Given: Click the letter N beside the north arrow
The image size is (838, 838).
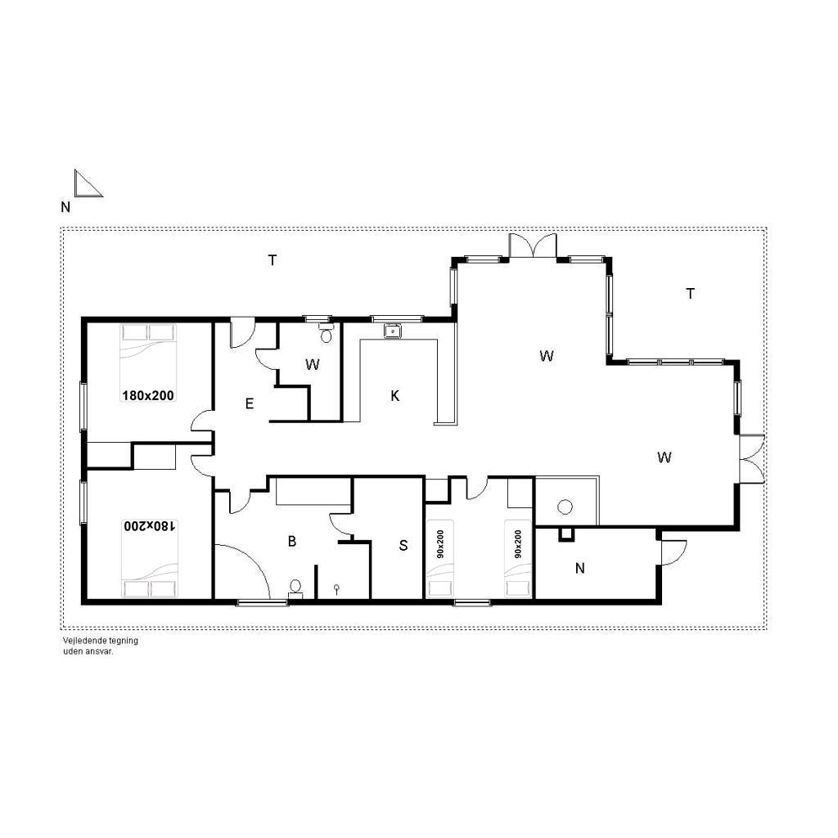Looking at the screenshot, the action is click(65, 207).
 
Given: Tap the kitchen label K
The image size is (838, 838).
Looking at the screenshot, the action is click(395, 396).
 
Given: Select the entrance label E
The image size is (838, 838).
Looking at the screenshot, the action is click(249, 404).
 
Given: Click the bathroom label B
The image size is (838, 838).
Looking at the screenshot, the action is click(292, 542).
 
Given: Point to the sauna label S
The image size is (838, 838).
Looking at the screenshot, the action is click(403, 546).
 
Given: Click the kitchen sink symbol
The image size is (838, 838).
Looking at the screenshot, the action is click(393, 331).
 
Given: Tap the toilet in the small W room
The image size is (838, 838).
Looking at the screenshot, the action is click(326, 333).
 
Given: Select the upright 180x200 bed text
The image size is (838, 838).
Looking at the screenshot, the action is click(148, 395).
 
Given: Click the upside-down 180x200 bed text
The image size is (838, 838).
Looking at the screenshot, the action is click(150, 526).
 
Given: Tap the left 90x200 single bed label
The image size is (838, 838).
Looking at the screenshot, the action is click(439, 544).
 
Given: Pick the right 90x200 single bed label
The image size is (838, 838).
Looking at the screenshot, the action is click(518, 544).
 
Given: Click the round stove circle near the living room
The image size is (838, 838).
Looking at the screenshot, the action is click(565, 507).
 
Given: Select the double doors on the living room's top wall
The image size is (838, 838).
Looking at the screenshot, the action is click(533, 246).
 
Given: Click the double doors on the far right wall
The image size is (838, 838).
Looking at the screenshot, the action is click(752, 460).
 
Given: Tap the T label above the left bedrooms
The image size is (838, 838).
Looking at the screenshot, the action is click(273, 260).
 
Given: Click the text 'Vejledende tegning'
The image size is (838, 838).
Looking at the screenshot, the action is click(101, 640).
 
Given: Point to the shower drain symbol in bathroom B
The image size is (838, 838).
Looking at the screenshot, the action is click(336, 589).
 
